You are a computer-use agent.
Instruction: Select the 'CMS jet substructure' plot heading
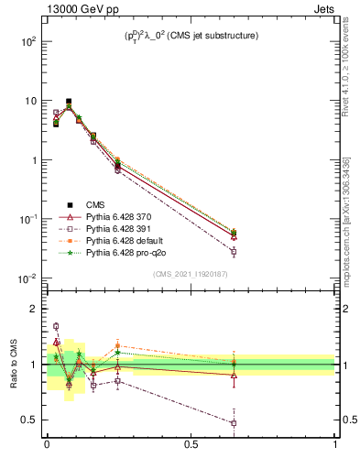pos(191,36)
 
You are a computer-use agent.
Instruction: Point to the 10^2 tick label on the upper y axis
pos(27,42)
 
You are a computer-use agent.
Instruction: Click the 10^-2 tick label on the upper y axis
pos(27,278)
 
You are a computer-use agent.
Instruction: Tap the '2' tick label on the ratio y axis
pos(34,309)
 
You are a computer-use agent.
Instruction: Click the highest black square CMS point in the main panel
pos(69,102)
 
